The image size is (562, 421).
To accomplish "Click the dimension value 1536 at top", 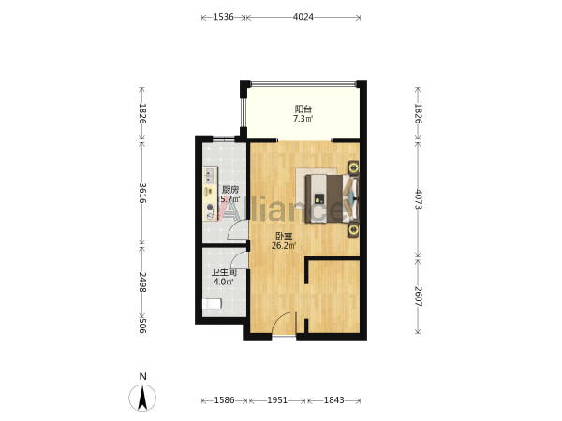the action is [223, 17].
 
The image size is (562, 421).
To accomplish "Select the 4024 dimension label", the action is [303, 17].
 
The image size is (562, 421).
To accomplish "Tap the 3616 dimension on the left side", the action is [142, 193].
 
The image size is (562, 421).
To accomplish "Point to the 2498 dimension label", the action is [142, 283].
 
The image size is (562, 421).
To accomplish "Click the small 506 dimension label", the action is [142, 325].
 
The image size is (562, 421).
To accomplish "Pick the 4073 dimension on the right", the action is [418, 199].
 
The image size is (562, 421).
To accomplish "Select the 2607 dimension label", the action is [418, 297].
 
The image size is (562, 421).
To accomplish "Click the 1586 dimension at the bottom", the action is [225, 399].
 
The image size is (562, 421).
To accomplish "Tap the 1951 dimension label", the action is [277, 399].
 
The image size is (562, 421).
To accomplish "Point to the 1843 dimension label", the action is [334, 399].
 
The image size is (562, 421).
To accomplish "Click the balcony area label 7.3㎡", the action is [303, 119].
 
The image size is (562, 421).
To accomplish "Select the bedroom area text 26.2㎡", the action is [284, 245].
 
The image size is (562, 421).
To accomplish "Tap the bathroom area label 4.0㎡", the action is [224, 282].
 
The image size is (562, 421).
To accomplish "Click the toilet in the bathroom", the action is [212, 304].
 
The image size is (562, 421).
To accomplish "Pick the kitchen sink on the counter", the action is [209, 175].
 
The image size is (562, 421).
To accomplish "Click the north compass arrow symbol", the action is [142, 398].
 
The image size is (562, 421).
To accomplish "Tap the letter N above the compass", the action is [143, 376].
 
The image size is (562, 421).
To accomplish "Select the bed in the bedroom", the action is [332, 198].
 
